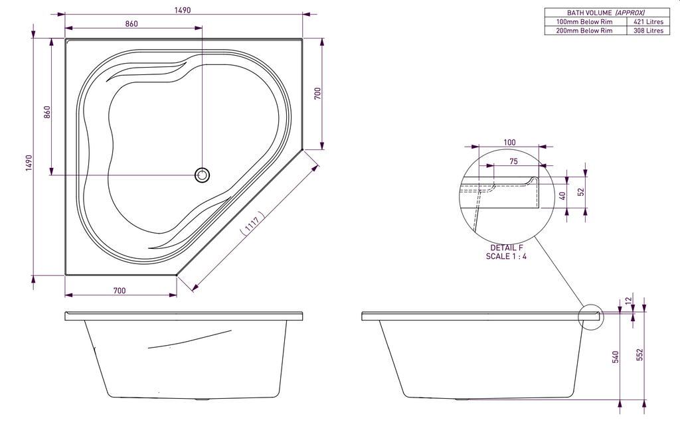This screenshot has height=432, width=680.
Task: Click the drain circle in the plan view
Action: click(x=203, y=175)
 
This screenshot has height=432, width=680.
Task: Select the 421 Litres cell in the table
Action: click(x=647, y=21)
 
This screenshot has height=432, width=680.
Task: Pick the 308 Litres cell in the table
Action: click(x=647, y=31)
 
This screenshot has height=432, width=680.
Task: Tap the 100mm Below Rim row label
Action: click(x=584, y=21)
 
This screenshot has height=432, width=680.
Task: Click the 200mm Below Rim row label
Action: click(x=584, y=31)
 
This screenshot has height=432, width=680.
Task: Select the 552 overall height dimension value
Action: click(x=639, y=356)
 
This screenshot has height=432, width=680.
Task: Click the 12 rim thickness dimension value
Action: click(x=628, y=301)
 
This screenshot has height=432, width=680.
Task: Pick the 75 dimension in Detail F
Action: click(x=513, y=161)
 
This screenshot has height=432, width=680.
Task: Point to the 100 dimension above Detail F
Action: click(x=509, y=143)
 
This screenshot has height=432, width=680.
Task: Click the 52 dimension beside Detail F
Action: click(x=580, y=192)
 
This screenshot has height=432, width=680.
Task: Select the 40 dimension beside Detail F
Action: click(x=562, y=196)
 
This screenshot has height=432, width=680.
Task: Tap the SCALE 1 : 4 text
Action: click(x=507, y=256)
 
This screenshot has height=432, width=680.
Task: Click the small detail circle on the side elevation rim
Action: click(x=590, y=317)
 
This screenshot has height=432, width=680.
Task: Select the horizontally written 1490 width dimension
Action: click(x=183, y=10)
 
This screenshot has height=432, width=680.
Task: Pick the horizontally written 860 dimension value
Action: click(x=131, y=24)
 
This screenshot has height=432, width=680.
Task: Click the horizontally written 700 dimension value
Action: click(x=120, y=291)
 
